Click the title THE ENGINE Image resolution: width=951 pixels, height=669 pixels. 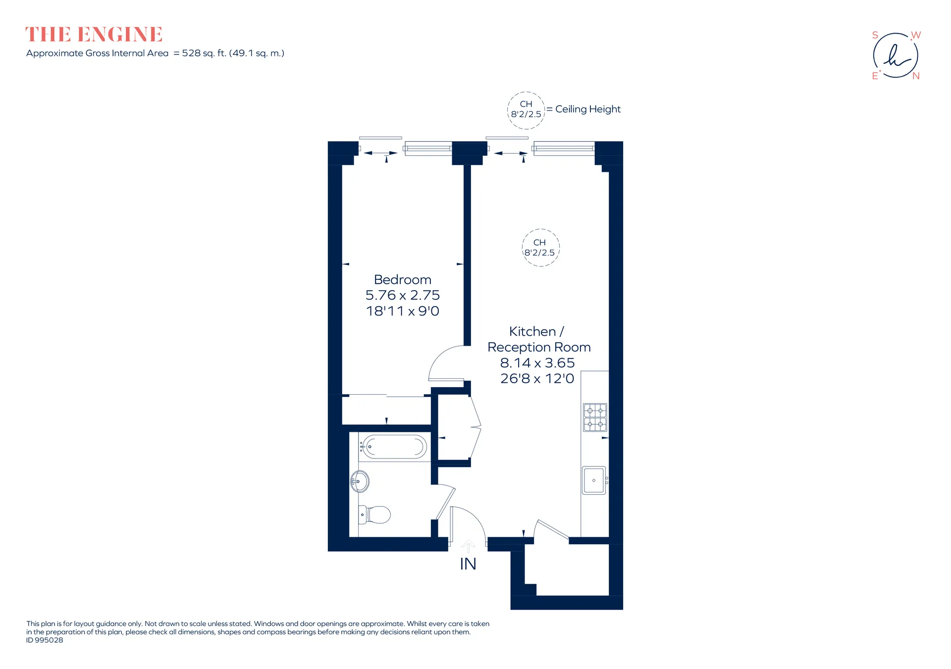click(x=94, y=35)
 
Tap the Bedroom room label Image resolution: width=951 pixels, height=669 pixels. click(x=403, y=280)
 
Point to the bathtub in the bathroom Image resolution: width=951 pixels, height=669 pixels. click(x=396, y=447)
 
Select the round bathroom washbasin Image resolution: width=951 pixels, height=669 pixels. click(x=360, y=481)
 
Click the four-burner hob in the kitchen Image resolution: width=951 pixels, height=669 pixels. click(x=595, y=417)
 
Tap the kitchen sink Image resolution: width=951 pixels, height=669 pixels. click(x=594, y=480)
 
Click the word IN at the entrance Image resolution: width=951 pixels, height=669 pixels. click(x=468, y=564)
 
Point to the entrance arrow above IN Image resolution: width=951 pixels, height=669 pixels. click(x=468, y=546)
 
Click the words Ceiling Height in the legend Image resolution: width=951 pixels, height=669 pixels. click(x=588, y=109)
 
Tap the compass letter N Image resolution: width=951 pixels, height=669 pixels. click(x=916, y=76)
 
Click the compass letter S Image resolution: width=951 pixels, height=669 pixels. click(x=875, y=35)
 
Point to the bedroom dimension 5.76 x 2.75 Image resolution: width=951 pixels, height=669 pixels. click(x=403, y=295)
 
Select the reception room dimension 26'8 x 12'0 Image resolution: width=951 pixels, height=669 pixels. click(x=537, y=379)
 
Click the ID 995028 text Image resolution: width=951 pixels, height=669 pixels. click(x=45, y=640)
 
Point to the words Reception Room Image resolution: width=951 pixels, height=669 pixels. click(x=539, y=348)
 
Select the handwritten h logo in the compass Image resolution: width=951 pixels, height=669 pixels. click(x=897, y=56)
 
